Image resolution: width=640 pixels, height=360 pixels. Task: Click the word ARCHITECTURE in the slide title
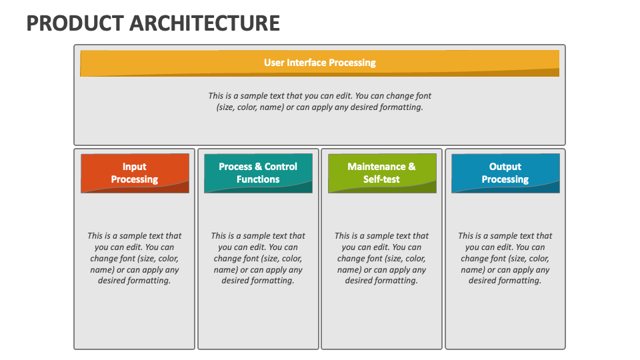pyautogui.click(x=205, y=23)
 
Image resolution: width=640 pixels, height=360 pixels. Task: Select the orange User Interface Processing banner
pyautogui.click(x=319, y=63)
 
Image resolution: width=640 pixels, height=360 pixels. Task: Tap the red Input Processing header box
pyautogui.click(x=135, y=173)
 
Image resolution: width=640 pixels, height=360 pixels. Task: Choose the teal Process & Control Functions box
pyautogui.click(x=259, y=173)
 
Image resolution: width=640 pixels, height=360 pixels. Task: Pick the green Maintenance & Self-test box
pyautogui.click(x=382, y=173)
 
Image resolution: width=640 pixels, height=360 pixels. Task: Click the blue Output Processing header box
pyautogui.click(x=505, y=173)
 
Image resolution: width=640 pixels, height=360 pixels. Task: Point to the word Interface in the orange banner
pyautogui.click(x=307, y=63)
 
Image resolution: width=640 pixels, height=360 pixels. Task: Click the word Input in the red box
pyautogui.click(x=134, y=167)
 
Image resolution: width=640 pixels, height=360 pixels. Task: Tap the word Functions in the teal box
pyautogui.click(x=258, y=179)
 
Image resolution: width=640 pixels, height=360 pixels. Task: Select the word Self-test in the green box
pyautogui.click(x=381, y=179)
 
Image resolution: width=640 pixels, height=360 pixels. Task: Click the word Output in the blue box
pyautogui.click(x=505, y=167)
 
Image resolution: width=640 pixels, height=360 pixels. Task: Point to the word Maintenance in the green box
pyautogui.click(x=376, y=167)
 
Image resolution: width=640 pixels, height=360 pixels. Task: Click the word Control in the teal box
pyautogui.click(x=281, y=167)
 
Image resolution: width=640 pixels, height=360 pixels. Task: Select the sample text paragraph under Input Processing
pyautogui.click(x=134, y=258)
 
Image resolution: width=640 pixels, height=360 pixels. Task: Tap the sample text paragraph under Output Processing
pyautogui.click(x=505, y=258)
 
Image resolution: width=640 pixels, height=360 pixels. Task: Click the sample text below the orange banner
pyautogui.click(x=319, y=101)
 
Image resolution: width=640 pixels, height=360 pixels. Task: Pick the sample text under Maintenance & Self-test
pyautogui.click(x=381, y=258)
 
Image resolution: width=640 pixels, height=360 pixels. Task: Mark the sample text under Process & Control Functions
pyautogui.click(x=258, y=258)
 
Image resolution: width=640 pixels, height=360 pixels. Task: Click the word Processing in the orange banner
pyautogui.click(x=352, y=63)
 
